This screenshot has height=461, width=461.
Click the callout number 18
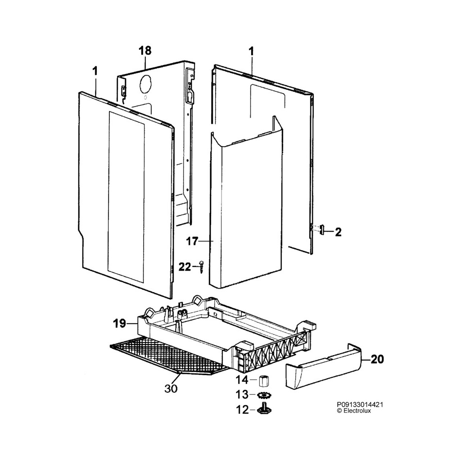pos(145,50)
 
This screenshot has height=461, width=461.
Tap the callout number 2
pos(338,232)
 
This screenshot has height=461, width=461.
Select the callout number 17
pos(192,242)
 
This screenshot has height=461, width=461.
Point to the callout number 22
pos(185,267)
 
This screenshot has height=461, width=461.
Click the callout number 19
pos(119,323)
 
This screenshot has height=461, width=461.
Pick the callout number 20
pos(377,359)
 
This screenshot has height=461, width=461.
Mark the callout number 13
pos(242,395)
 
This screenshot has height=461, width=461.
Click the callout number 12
pos(242,410)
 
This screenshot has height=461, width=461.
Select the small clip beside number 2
pos(322,230)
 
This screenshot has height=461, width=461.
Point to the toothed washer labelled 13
pos(264,395)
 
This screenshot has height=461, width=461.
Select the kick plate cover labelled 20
pos(324,369)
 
